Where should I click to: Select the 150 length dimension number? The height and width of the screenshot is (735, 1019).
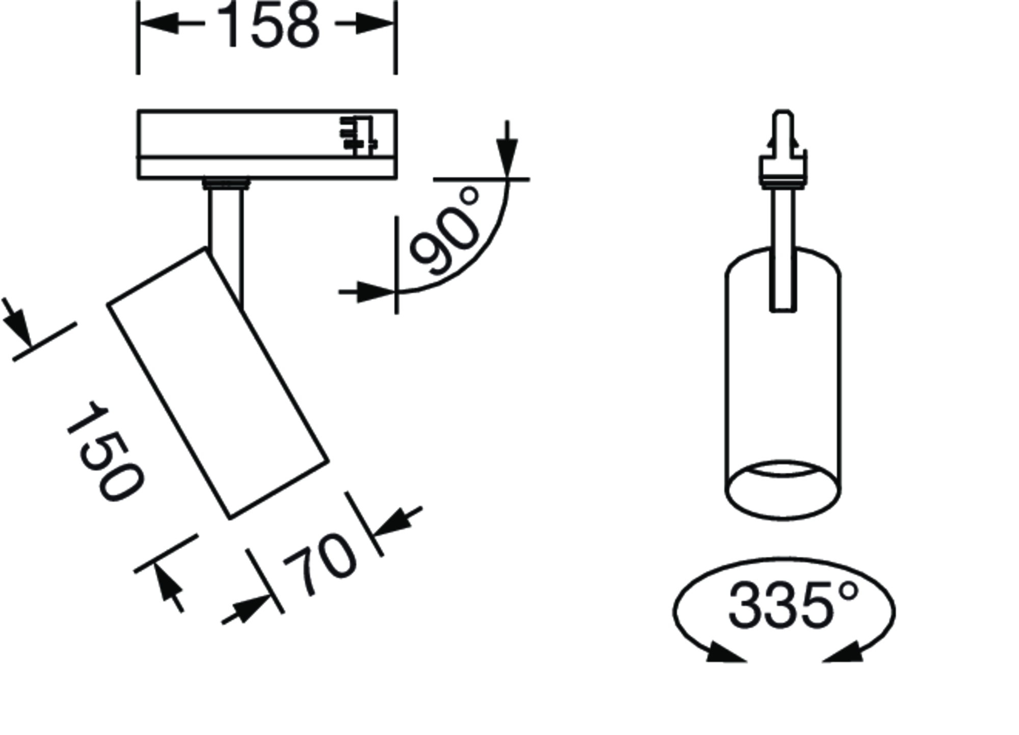[x=105, y=451]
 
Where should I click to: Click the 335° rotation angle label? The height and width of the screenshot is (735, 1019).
[x=793, y=605]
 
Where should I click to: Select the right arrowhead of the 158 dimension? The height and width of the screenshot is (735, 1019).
[x=375, y=23]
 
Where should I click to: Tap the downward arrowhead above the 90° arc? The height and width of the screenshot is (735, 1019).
[x=507, y=158]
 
